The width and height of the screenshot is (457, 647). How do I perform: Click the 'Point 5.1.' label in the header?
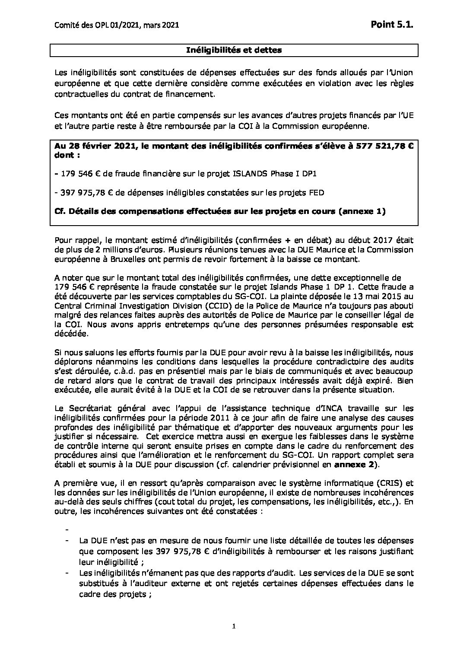click(392, 26)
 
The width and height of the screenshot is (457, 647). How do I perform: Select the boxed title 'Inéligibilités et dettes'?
click(234, 50)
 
